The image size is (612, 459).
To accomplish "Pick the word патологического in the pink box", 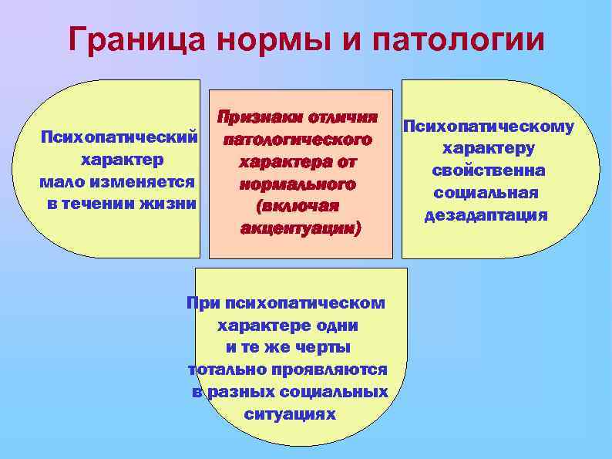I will click(x=298, y=140).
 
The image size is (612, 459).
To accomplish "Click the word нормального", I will click(x=298, y=185).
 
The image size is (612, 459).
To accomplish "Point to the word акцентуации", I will click(x=298, y=229).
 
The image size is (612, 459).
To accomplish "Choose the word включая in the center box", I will click(x=298, y=208).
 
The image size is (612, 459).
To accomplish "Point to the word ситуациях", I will click(x=290, y=414).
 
